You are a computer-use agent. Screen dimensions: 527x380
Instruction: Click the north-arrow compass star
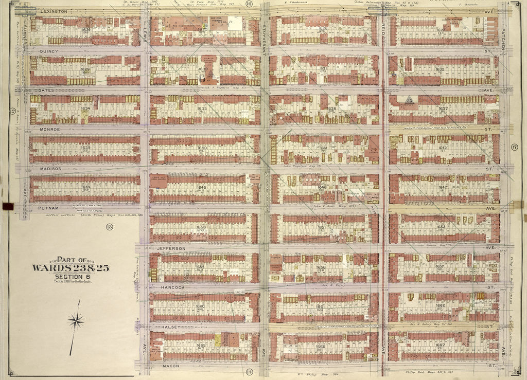point(76,321)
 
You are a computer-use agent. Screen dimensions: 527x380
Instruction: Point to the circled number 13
point(109,226)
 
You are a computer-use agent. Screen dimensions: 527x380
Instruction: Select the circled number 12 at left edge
point(11,111)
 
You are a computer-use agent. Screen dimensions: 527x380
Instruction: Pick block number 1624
point(86,30)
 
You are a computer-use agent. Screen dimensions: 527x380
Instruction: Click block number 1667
point(440,345)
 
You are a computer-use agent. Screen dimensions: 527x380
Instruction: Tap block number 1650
point(201,226)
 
